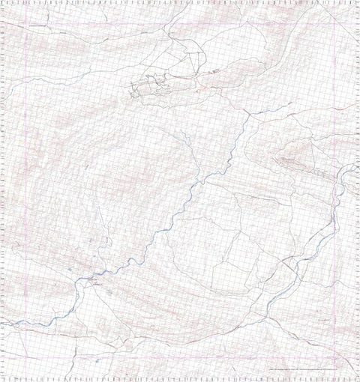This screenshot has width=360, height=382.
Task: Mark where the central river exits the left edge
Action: [x=7, y=324]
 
